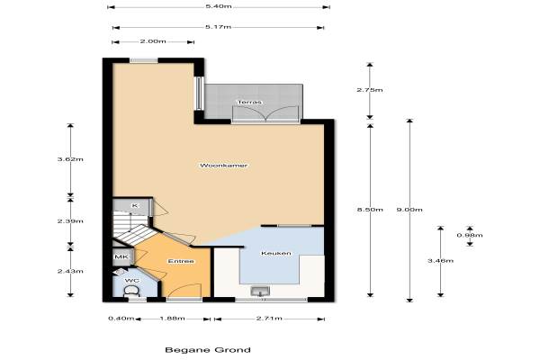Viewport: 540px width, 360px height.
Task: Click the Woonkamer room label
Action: click(223, 166)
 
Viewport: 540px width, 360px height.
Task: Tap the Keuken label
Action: click(276, 253)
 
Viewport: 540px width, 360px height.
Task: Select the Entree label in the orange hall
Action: click(181, 261)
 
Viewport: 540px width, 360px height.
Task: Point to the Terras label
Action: click(249, 102)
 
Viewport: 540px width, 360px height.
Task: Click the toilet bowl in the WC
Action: click(131, 292)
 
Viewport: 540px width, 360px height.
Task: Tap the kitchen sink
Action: click(260, 291)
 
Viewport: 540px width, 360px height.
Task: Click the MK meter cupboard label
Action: click(121, 257)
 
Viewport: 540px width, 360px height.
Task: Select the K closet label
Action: click(135, 206)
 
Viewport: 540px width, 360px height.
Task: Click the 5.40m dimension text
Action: click(219, 6)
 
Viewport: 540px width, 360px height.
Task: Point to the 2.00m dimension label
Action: click(153, 41)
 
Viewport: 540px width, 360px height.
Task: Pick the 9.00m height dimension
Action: click(409, 210)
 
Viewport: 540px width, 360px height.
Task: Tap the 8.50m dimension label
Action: click(370, 210)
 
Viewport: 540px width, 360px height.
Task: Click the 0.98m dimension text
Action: click(470, 235)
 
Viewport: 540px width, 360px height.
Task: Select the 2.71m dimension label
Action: click(269, 319)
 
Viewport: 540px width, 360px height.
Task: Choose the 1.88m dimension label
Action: click(172, 319)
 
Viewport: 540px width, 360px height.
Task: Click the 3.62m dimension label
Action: click(70, 159)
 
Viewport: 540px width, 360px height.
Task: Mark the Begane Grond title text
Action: click(208, 350)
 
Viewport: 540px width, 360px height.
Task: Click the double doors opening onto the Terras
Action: click(265, 113)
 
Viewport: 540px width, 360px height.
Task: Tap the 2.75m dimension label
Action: click(370, 90)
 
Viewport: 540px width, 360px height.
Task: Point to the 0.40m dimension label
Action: click(121, 319)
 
